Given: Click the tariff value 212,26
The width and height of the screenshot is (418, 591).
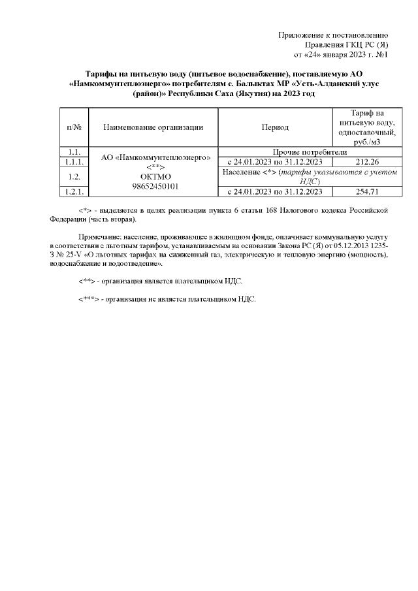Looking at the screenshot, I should tap(361, 162).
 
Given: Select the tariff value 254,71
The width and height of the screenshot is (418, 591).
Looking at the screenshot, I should tap(361, 191).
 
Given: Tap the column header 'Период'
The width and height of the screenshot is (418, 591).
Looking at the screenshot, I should tap(275, 127).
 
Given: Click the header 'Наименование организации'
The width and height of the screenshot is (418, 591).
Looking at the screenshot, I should tap(152, 127).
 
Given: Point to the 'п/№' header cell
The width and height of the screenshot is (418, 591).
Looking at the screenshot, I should tap(74, 127).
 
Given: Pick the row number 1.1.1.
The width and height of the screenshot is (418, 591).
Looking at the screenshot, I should tap(74, 162).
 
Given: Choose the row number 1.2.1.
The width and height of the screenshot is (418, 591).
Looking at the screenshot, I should tap(74, 191).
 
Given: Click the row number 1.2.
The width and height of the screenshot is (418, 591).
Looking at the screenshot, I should tap(74, 176).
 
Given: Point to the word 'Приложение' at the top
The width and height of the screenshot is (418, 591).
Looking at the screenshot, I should tap(302, 35).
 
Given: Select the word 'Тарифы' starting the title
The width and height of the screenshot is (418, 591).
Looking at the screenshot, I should tap(102, 74).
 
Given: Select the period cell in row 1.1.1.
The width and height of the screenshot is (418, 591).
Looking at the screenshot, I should tap(275, 162).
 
